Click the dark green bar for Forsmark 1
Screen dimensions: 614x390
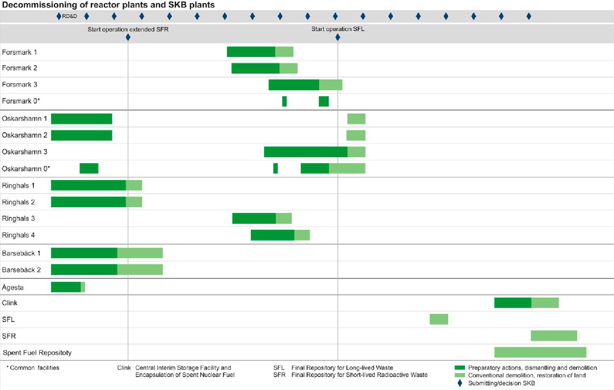tap(251, 52)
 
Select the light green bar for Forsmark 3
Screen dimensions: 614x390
tap(331, 85)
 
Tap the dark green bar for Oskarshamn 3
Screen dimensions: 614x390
tap(306, 152)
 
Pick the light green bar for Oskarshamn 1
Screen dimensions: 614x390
tap(356, 119)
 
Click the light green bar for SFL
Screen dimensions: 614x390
tap(439, 319)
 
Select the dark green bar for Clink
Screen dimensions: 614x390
tap(513, 303)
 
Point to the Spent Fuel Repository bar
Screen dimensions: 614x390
tap(540, 352)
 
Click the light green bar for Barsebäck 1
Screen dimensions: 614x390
tap(140, 253)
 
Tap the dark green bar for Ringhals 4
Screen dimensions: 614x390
tap(272, 235)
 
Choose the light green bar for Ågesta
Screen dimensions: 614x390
tap(83, 287)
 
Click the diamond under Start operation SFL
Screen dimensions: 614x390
tap(338, 37)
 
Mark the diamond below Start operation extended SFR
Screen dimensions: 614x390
tap(128, 37)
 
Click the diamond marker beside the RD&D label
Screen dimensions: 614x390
tap(59, 16)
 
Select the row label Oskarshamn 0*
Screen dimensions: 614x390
tap(26, 169)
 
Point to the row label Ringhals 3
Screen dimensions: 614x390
tap(18, 219)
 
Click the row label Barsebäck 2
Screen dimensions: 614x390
tap(21, 270)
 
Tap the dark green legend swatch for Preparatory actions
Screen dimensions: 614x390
tap(460, 368)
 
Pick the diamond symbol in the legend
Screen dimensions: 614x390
tap(460, 383)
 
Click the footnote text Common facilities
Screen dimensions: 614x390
tap(35, 368)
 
